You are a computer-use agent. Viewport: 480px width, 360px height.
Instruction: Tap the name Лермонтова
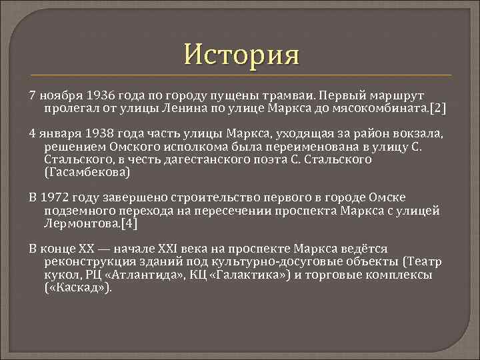pyautogui.click(x=81, y=223)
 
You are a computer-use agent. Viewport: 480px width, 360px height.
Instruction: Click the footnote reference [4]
pyautogui.click(x=129, y=223)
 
